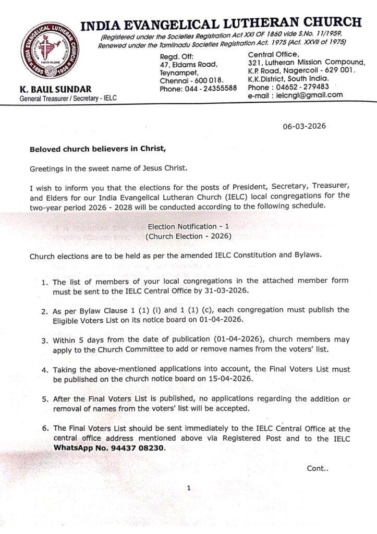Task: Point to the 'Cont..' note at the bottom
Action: (318, 468)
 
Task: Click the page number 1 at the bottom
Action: (189, 488)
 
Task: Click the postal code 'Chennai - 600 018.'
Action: (191, 80)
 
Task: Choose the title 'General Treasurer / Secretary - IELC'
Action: (68, 98)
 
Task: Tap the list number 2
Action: (45, 310)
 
